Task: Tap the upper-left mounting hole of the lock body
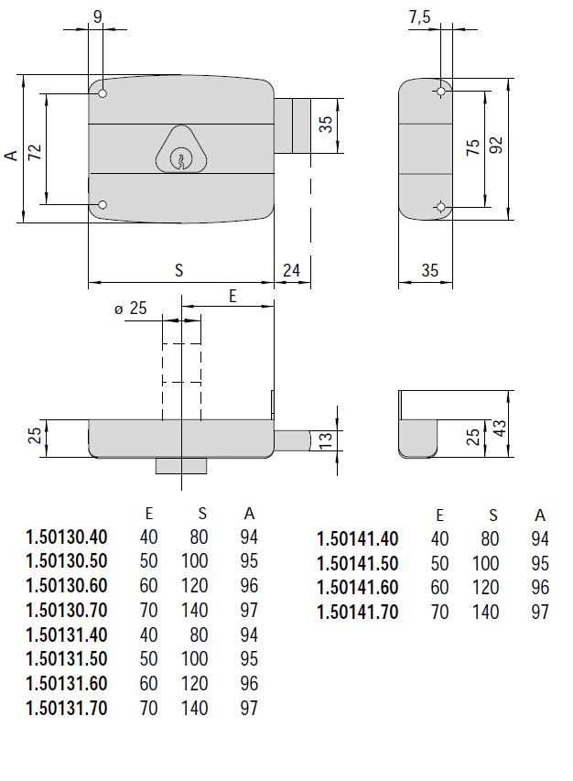103,94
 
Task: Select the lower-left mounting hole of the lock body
103,205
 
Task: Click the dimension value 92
497,147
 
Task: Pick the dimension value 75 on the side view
473,148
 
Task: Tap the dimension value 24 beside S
291,270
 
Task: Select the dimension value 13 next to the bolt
325,440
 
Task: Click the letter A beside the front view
11,156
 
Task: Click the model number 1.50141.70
358,612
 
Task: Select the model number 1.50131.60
67,684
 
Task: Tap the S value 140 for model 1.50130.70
198,611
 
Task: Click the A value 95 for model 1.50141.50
540,562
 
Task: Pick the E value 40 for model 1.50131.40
147,635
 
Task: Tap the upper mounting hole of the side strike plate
441,91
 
